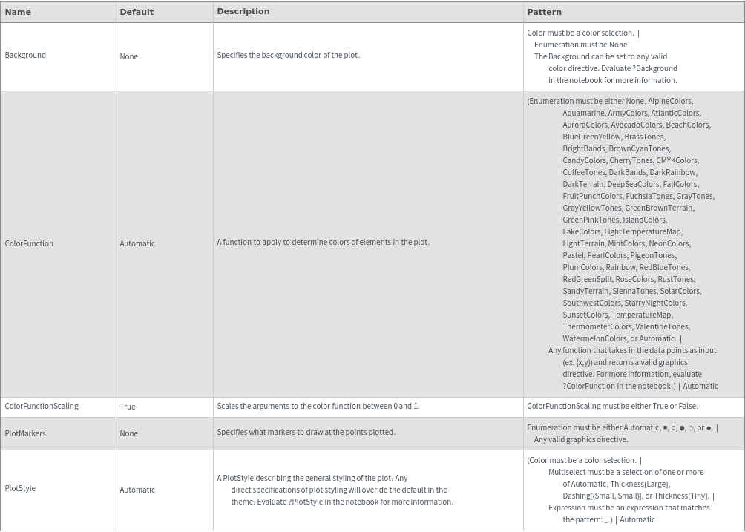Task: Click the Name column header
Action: point(18,12)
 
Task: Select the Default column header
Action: point(137,12)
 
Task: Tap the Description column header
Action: point(243,12)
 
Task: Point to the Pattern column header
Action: point(544,12)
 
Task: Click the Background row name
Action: point(25,55)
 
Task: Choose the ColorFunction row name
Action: point(29,243)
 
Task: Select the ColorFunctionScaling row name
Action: point(42,407)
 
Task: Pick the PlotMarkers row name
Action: point(25,433)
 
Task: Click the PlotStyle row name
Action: point(20,488)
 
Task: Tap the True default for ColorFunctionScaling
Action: point(128,407)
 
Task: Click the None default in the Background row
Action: point(128,56)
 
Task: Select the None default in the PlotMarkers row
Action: point(128,433)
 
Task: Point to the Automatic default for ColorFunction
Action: point(137,243)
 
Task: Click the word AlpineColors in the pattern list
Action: point(669,101)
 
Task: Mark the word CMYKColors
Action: point(677,160)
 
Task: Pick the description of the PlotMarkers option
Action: point(306,432)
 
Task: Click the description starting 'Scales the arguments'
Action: point(318,407)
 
